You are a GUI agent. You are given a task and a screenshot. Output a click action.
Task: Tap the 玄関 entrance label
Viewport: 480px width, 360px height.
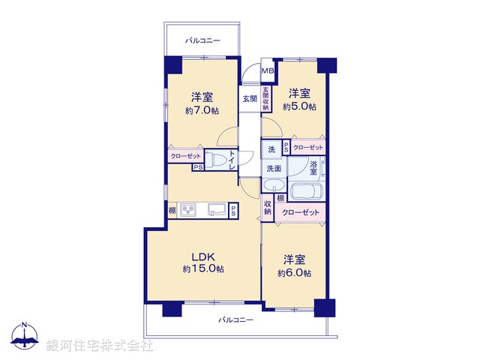pos(250,98)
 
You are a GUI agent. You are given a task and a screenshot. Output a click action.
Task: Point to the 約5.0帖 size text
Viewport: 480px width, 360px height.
pos(299,107)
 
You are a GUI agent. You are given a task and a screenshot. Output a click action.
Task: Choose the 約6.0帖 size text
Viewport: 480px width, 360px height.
pos(294,273)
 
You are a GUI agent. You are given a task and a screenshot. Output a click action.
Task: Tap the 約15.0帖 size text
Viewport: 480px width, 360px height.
pos(202,268)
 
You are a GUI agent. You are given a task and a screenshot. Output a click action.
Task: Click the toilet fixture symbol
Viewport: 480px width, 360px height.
pos(217,159)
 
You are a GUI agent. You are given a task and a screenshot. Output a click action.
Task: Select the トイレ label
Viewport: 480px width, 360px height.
pos(232,158)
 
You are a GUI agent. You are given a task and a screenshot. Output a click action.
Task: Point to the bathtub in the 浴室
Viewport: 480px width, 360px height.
pos(304,192)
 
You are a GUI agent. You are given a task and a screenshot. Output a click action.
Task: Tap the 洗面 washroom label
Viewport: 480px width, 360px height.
pos(273,169)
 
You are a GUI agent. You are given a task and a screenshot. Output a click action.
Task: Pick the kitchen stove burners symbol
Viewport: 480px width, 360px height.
pos(187,208)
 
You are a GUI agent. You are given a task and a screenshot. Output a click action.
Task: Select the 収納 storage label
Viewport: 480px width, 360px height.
pos(268,207)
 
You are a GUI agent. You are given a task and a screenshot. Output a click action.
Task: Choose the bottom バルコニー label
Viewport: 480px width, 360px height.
pos(235,319)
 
